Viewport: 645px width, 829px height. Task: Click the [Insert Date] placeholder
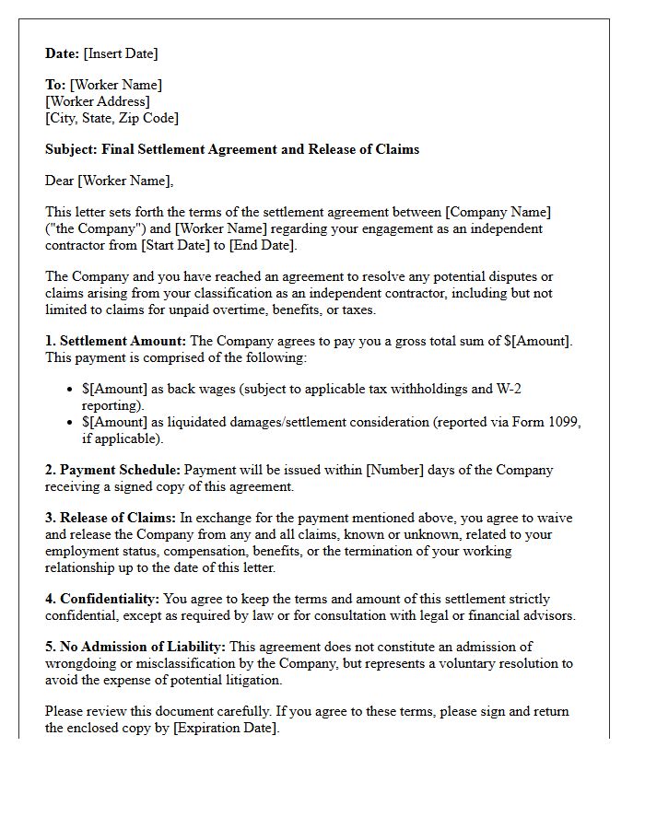pyautogui.click(x=120, y=53)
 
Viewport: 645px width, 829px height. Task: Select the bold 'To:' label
pyautogui.click(x=55, y=85)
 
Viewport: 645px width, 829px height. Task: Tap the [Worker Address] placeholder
pyautogui.click(x=98, y=101)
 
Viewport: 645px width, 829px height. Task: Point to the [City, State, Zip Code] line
pyautogui.click(x=111, y=118)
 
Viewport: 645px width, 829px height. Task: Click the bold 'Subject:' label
pyautogui.click(x=71, y=149)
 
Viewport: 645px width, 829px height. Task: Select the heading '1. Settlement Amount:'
pyautogui.click(x=116, y=341)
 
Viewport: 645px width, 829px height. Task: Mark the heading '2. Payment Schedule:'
pyautogui.click(x=115, y=470)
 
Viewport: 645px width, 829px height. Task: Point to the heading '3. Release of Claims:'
pyautogui.click(x=111, y=518)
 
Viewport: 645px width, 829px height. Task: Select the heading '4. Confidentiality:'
pyautogui.click(x=102, y=599)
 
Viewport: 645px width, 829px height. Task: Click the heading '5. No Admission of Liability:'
pyautogui.click(x=135, y=647)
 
